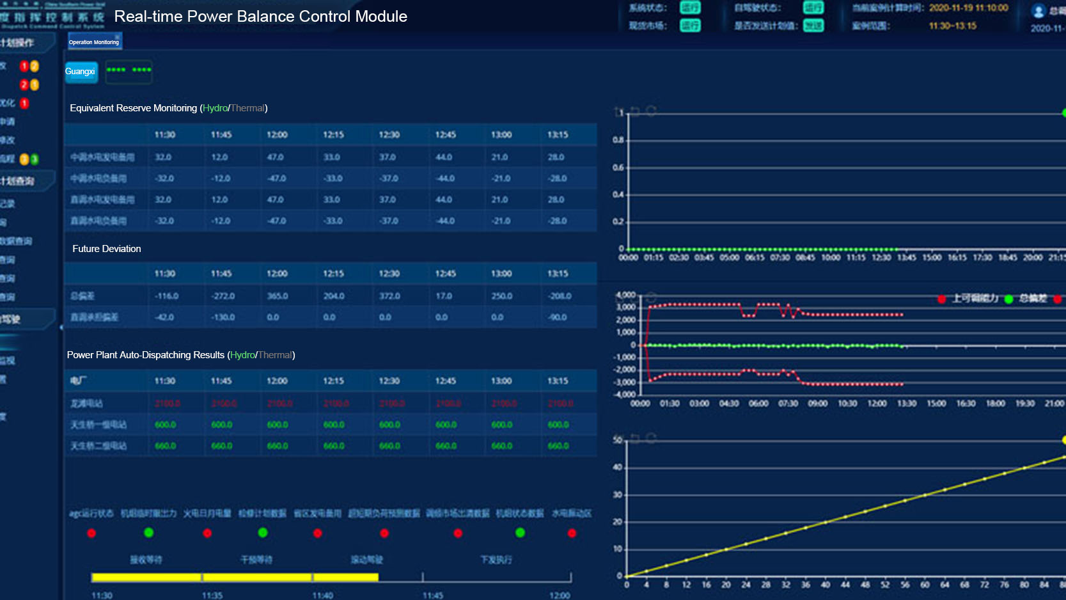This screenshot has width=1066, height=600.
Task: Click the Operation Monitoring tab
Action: pyautogui.click(x=94, y=42)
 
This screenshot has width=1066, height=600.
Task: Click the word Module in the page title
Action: pyautogui.click(x=381, y=17)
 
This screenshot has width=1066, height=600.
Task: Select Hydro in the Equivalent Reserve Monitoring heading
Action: pyautogui.click(x=216, y=108)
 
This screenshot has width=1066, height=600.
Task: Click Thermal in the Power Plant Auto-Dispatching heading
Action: pyautogui.click(x=275, y=355)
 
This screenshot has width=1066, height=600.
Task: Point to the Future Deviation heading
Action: pyautogui.click(x=107, y=249)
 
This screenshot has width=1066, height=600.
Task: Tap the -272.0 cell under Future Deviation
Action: pyautogui.click(x=223, y=296)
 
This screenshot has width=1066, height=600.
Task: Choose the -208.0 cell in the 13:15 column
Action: pyautogui.click(x=559, y=296)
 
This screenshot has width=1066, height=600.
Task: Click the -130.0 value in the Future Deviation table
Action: pyautogui.click(x=223, y=317)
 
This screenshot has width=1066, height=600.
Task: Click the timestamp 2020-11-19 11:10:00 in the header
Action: pyautogui.click(x=968, y=8)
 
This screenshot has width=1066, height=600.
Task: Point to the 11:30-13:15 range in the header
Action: pyautogui.click(x=952, y=26)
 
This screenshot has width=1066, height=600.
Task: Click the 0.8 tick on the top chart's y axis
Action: pyautogui.click(x=618, y=140)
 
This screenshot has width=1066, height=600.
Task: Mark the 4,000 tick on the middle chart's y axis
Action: pyautogui.click(x=625, y=295)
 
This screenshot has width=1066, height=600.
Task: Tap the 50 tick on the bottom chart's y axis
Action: pyautogui.click(x=618, y=440)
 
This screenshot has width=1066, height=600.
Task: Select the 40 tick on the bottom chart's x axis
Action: pyautogui.click(x=826, y=585)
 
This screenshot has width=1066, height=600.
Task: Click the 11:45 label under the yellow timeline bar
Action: pyautogui.click(x=433, y=596)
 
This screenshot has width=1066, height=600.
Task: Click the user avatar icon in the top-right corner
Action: pyautogui.click(x=1039, y=11)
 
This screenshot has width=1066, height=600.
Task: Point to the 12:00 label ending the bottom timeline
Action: pyautogui.click(x=560, y=596)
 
